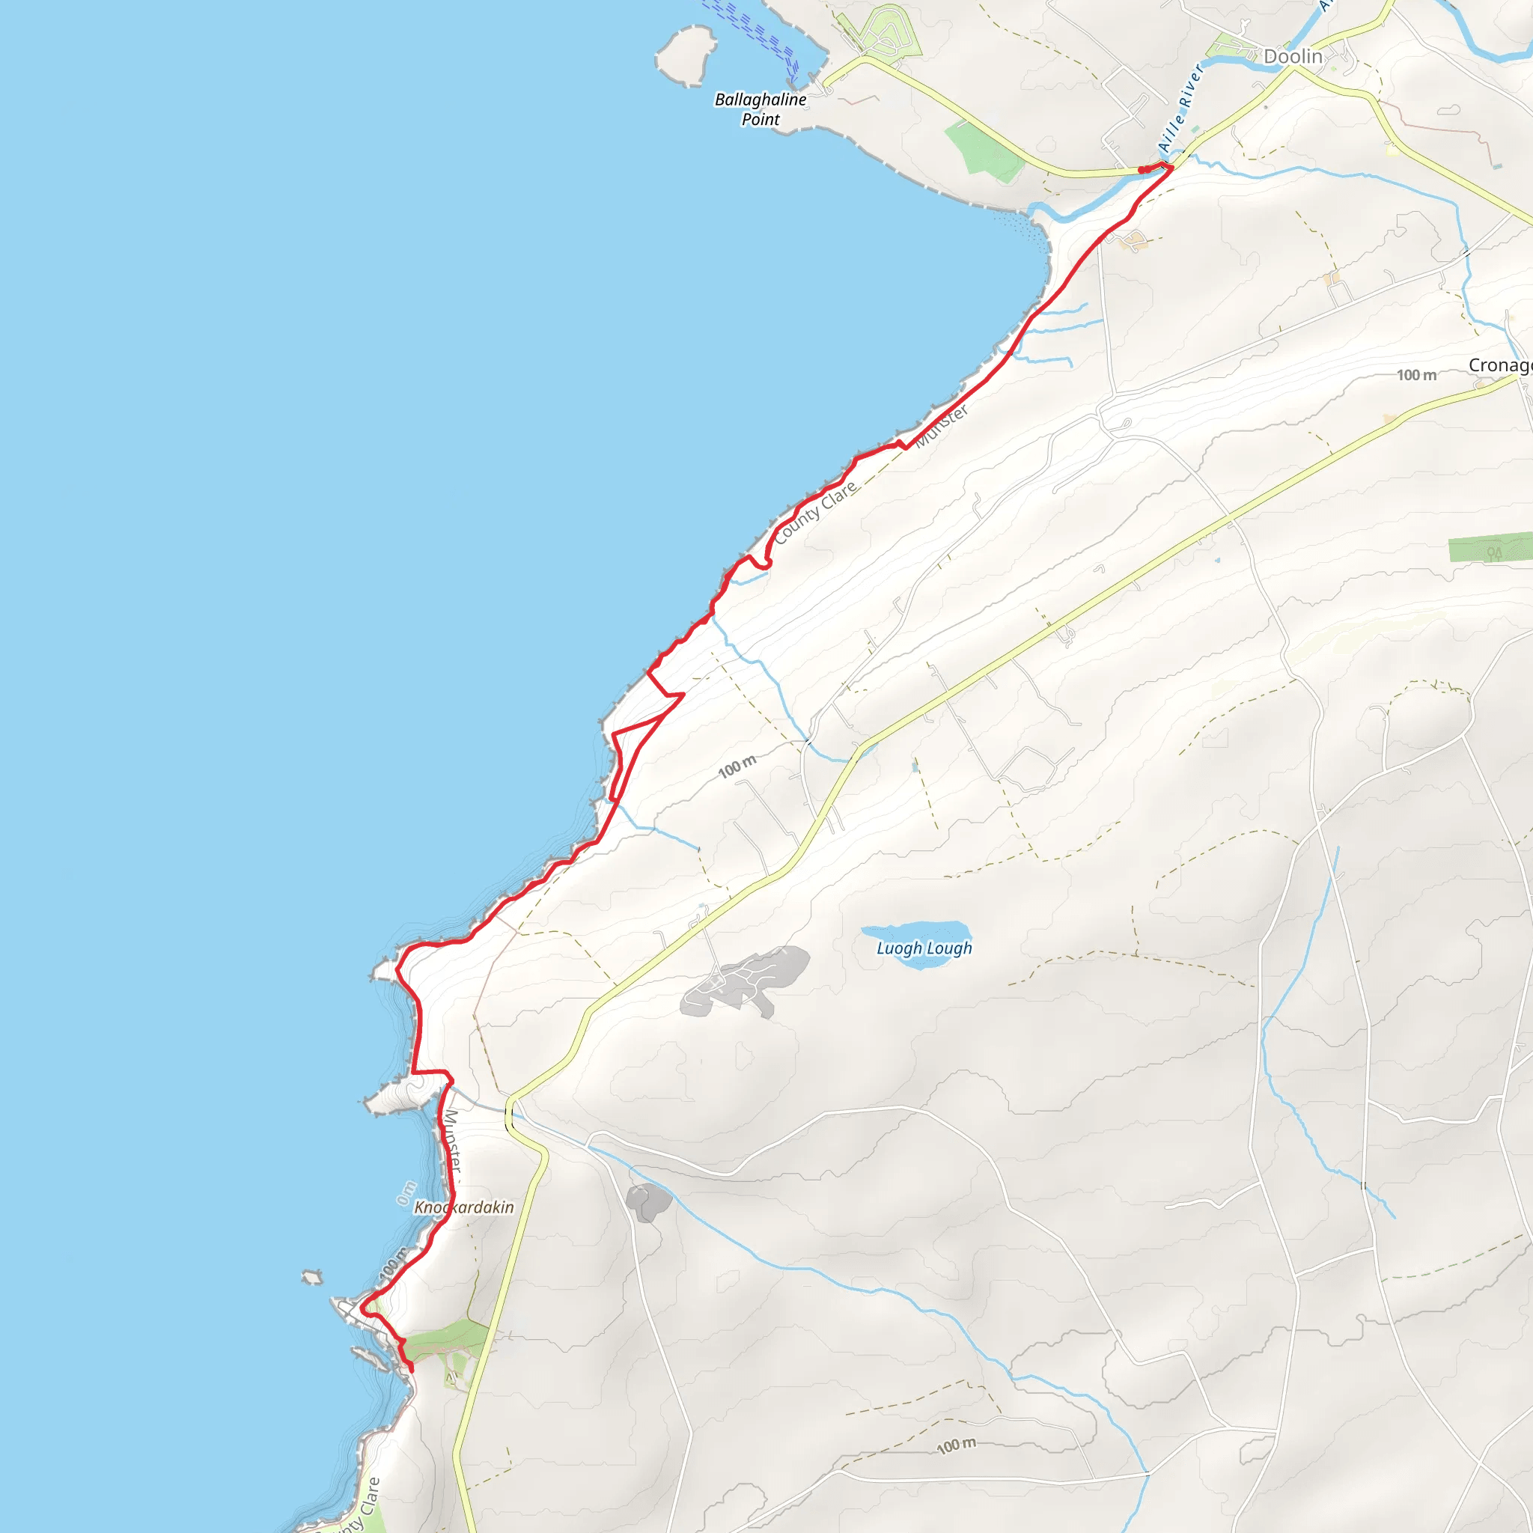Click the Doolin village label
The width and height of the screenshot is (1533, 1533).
(1293, 56)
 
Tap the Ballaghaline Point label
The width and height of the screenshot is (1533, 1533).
(761, 109)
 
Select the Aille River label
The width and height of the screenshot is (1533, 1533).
(1180, 108)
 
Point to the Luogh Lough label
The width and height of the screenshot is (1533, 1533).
(924, 948)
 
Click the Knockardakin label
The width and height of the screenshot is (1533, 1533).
(464, 1207)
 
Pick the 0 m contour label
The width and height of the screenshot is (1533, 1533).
(406, 1192)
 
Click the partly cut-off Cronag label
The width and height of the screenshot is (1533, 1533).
(1499, 366)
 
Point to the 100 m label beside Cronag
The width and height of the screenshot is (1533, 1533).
(1416, 375)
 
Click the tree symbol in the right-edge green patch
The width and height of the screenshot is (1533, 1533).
(1494, 553)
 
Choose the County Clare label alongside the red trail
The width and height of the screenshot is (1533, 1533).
(815, 513)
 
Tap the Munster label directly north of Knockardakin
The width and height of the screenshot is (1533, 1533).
(451, 1141)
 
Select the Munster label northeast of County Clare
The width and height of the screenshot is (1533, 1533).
(942, 427)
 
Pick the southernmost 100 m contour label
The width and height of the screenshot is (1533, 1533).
(956, 1445)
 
